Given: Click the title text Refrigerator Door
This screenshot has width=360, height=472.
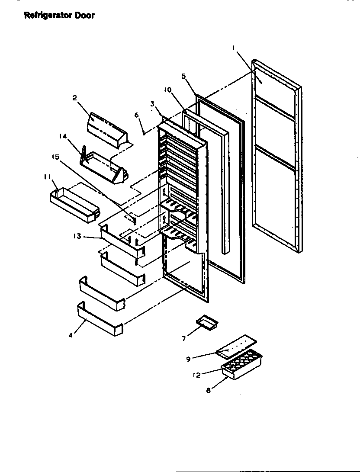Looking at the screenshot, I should click(x=58, y=16).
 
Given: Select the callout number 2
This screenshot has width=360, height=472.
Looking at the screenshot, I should click(x=74, y=98).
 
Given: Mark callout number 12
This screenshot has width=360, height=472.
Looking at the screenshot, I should click(x=197, y=375).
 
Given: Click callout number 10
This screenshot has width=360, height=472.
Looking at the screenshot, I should click(x=168, y=90).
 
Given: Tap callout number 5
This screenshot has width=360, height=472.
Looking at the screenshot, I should click(x=183, y=76).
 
